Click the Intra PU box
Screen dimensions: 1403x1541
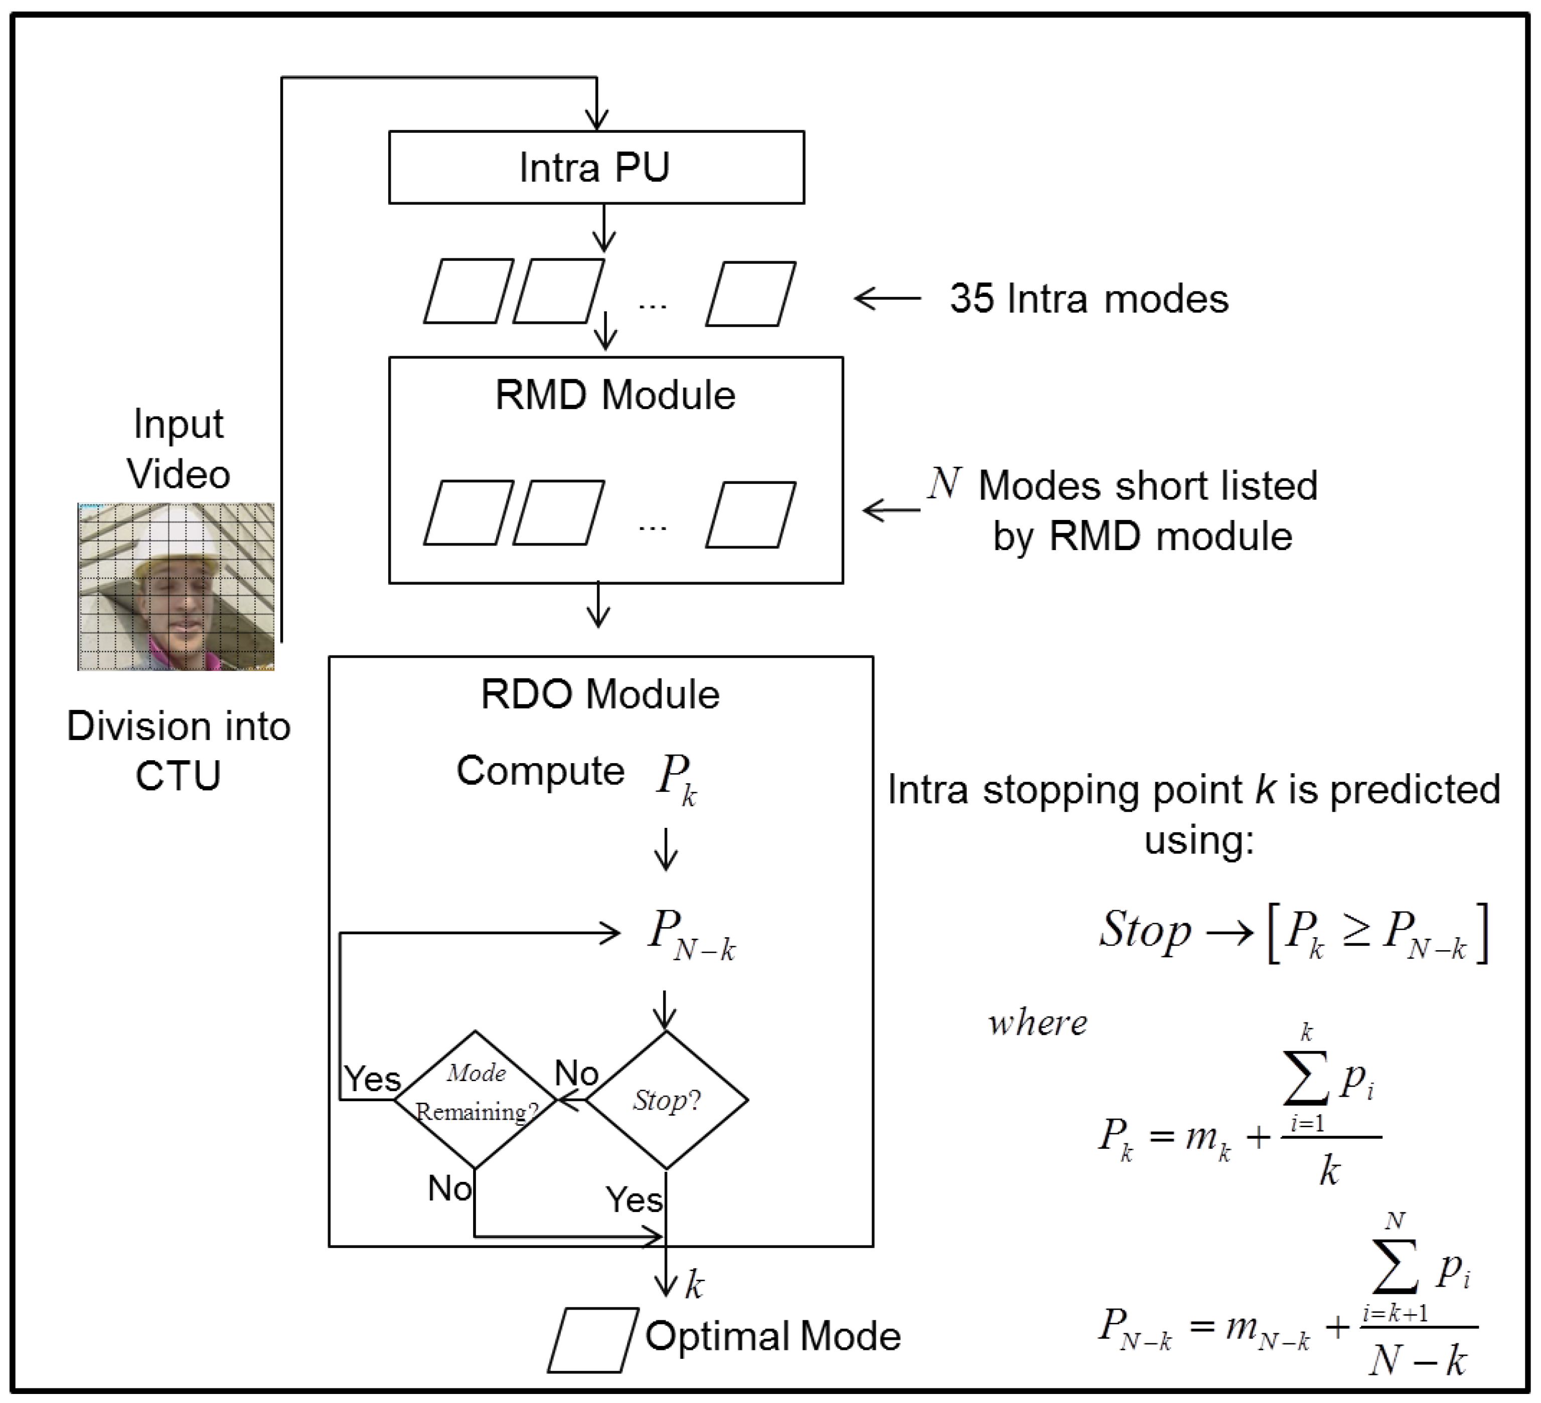pos(596,167)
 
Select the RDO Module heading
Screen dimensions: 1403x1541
pos(600,694)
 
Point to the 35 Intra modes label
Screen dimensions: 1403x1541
pos(1089,299)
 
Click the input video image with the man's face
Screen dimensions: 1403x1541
pos(176,586)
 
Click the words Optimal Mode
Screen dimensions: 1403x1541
pos(772,1336)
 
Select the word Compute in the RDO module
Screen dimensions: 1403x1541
pos(540,770)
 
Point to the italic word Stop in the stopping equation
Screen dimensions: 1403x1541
pos(1144,931)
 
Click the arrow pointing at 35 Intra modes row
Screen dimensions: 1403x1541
pos(887,298)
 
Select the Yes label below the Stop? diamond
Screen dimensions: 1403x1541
pos(633,1200)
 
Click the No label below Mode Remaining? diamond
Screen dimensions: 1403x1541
pos(449,1189)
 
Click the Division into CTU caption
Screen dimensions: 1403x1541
pos(178,751)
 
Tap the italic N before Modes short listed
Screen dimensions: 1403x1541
pos(944,484)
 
